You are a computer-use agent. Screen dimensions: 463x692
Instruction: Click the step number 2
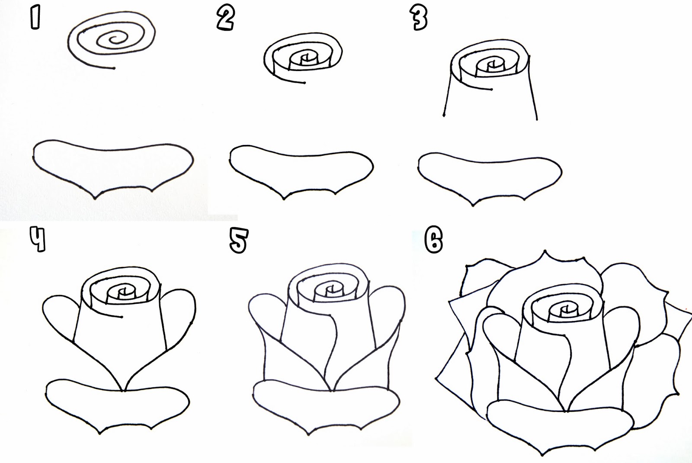(x=225, y=19)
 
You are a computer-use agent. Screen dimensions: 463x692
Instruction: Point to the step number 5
(x=238, y=241)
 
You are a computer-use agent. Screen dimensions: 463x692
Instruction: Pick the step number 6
(x=433, y=241)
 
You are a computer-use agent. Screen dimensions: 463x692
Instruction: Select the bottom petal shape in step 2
(x=301, y=171)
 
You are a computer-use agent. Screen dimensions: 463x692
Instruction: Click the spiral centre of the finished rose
(x=564, y=310)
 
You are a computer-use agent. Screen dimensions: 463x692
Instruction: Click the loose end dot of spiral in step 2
(x=305, y=82)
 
